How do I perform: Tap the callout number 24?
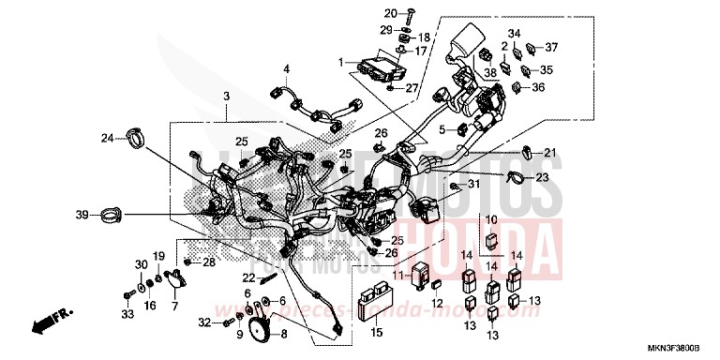coord(108,139)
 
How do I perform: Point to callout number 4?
coord(288,68)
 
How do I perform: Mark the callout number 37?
coord(551,48)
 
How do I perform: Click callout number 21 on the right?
coord(549,153)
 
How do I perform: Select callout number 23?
coord(542,177)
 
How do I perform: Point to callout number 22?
coord(247,278)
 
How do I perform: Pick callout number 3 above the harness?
coord(226,97)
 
